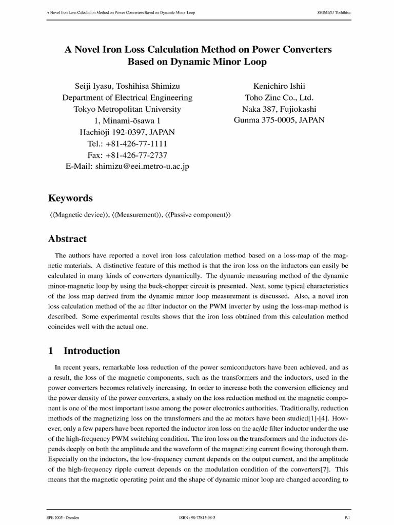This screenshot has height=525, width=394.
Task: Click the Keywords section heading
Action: pyautogui.click(x=70, y=198)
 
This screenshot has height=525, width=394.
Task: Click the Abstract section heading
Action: pyautogui.click(x=67, y=239)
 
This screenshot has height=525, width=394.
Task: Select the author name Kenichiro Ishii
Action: pyautogui.click(x=280, y=86)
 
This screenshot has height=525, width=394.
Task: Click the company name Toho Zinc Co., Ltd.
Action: pyautogui.click(x=280, y=97)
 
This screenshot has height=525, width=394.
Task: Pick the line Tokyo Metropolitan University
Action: pyautogui.click(x=127, y=109)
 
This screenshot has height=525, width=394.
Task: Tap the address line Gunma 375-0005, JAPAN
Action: pyautogui.click(x=280, y=120)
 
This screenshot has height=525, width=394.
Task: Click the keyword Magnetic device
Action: pyautogui.click(x=78, y=216)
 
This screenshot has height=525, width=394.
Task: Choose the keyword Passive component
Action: pyautogui.click(x=198, y=216)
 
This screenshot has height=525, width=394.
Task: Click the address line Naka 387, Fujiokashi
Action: pyautogui.click(x=280, y=109)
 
